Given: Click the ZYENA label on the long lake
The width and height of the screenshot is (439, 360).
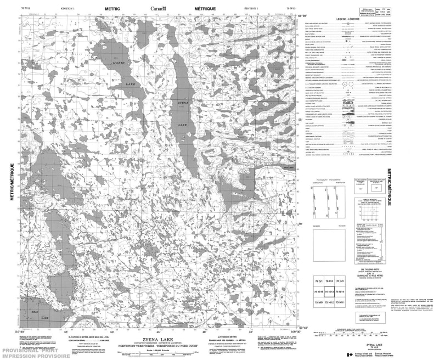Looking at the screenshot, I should tap(183, 103).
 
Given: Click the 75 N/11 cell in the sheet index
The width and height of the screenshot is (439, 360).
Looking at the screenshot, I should tap(340, 303).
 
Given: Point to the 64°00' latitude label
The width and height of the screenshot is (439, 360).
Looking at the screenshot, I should tap(301, 16).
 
